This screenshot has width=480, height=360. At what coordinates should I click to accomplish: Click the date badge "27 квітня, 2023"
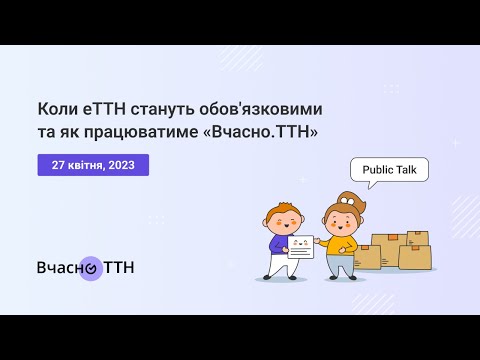point(93,164)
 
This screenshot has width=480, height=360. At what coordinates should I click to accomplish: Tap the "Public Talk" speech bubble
point(389,170)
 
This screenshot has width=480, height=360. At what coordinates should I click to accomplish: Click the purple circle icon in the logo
point(90,267)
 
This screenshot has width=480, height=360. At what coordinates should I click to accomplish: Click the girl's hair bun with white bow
point(347,199)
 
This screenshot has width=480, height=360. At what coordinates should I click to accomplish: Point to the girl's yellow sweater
point(342,242)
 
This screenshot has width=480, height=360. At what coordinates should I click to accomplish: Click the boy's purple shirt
point(277,243)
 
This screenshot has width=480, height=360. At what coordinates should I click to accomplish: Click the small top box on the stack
point(417,239)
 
